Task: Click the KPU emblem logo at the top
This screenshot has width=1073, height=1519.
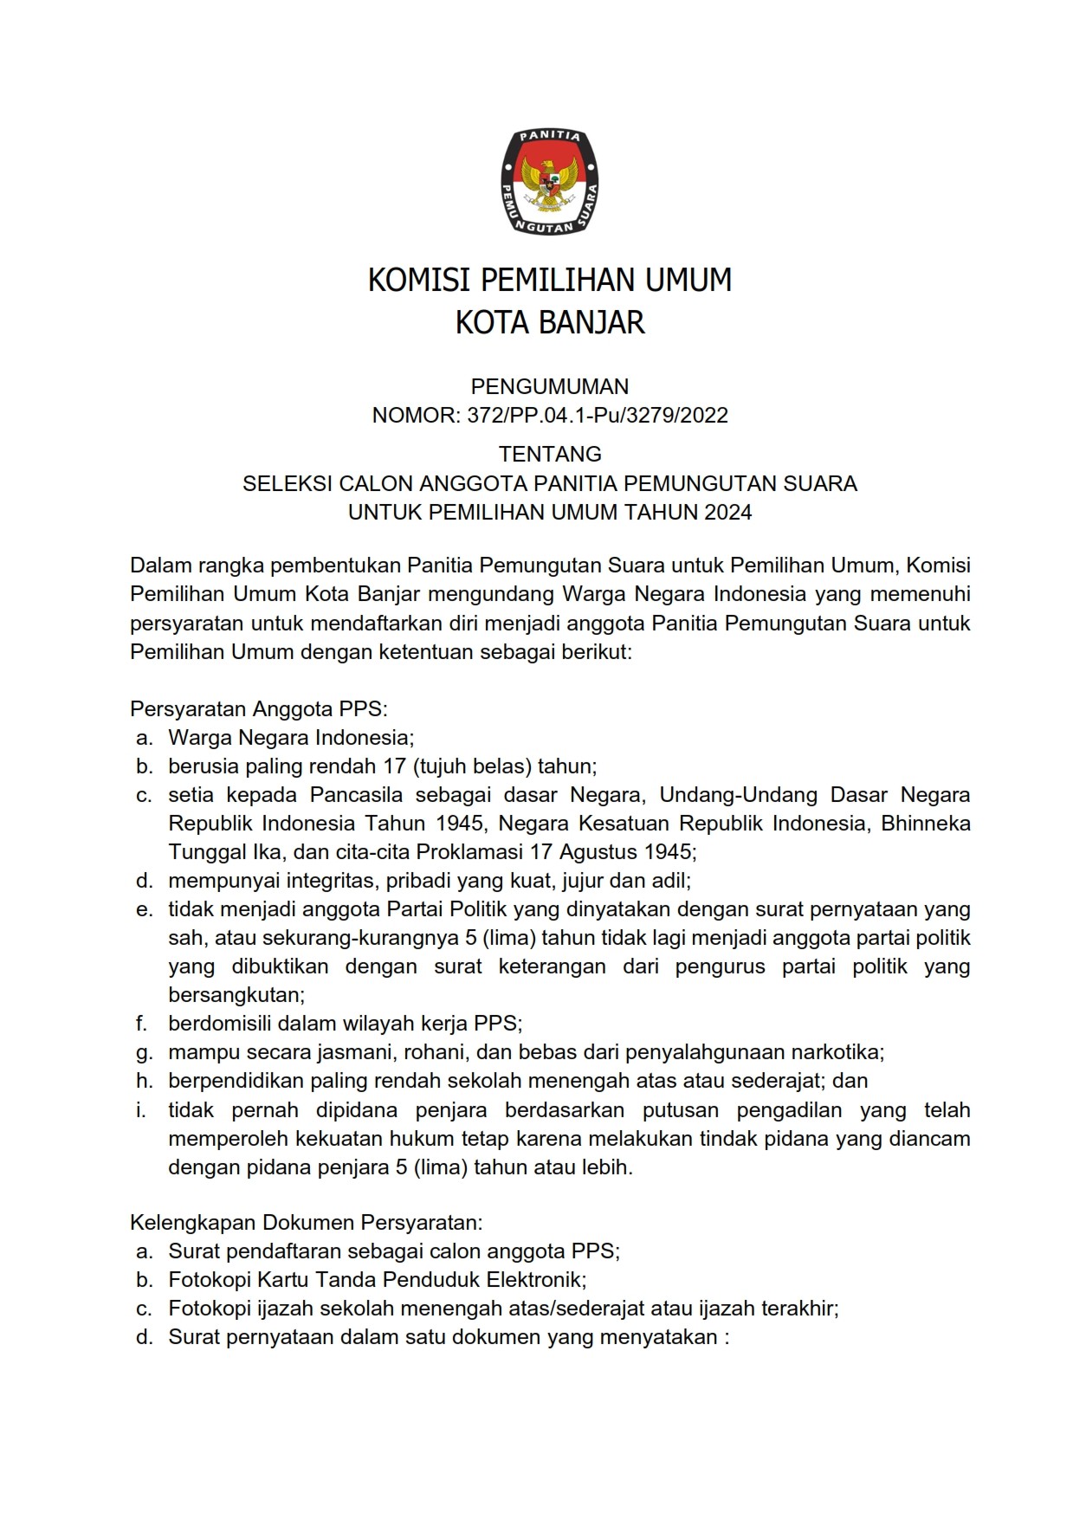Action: (x=550, y=182)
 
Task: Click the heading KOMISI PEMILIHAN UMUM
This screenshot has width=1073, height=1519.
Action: (x=550, y=281)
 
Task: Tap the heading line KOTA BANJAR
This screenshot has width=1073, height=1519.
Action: (x=550, y=323)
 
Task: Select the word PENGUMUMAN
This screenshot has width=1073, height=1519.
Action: (x=550, y=386)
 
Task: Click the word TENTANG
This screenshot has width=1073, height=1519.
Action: (x=550, y=454)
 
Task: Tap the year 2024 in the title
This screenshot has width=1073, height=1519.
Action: (x=727, y=512)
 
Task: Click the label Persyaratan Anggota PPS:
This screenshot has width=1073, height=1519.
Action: (x=259, y=709)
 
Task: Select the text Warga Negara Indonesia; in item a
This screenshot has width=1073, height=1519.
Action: (x=292, y=738)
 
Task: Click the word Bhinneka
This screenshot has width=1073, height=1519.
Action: (x=925, y=824)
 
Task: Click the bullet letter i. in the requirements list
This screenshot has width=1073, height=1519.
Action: (x=142, y=1110)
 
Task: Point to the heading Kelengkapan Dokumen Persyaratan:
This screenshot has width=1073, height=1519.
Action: (x=306, y=1223)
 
